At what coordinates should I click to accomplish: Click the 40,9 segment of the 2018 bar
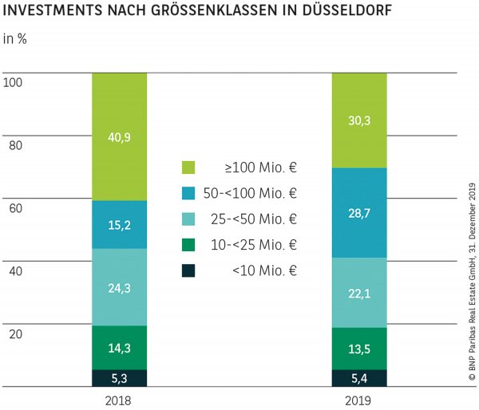[x=119, y=136]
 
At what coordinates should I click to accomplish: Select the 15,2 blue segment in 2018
[x=119, y=224]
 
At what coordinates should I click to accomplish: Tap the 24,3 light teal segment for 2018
[x=119, y=286]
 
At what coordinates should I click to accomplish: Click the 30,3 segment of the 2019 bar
[x=359, y=120]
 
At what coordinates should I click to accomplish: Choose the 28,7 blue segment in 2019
[x=359, y=212]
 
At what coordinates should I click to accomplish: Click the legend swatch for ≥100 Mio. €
[x=188, y=168]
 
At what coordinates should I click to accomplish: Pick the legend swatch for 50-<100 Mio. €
[x=188, y=193]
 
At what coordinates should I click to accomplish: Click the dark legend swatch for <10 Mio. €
[x=188, y=270]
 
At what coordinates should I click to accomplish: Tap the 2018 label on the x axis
[x=119, y=400]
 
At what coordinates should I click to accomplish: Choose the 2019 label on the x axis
[x=359, y=400]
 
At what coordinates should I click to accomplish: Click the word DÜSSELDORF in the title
[x=358, y=14]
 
